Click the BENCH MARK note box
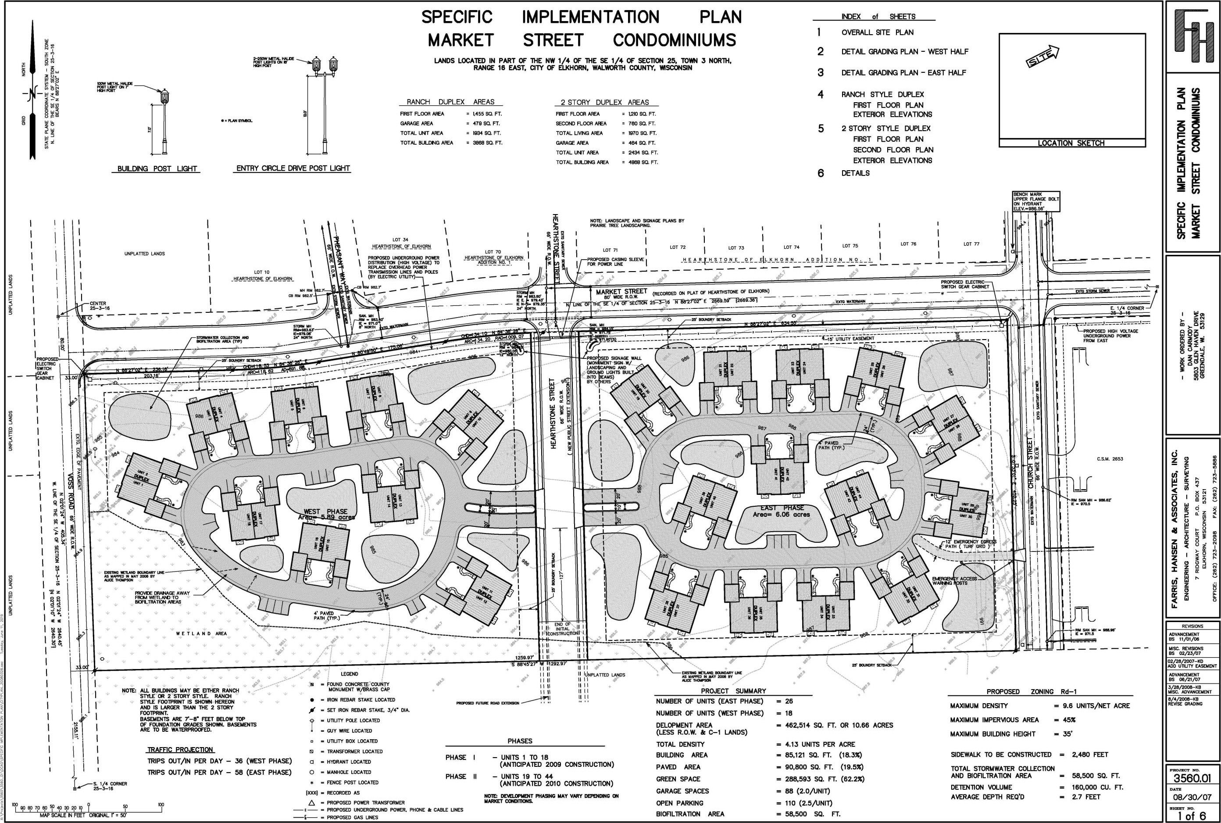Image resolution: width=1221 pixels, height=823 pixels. click(x=1036, y=201)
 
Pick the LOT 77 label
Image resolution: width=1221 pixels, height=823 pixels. click(x=971, y=244)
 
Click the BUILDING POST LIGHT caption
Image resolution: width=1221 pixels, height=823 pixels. click(x=157, y=168)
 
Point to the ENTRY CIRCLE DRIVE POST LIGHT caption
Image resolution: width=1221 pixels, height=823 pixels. click(x=293, y=168)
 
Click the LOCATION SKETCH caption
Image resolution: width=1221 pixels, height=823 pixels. click(x=1071, y=143)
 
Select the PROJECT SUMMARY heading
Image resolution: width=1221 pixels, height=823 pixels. click(x=733, y=691)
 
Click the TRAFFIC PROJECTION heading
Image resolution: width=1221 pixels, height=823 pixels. click(x=180, y=749)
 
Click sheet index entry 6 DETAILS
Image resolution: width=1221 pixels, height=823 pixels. click(x=855, y=173)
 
